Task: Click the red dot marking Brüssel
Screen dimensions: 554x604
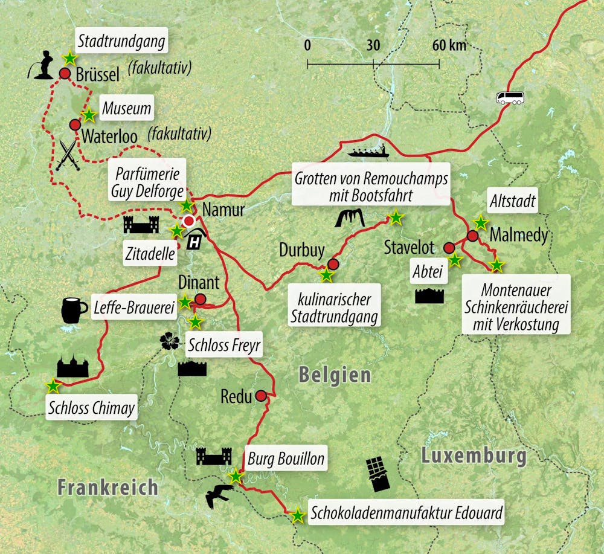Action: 65,74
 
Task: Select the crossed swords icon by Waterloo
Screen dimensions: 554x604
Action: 67,155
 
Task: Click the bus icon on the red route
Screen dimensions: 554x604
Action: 510,98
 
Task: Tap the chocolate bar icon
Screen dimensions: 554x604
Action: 377,474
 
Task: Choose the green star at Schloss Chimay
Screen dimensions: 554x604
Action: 53,385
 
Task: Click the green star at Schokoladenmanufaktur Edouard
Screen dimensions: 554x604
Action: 297,516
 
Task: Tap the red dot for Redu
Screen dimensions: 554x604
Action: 261,396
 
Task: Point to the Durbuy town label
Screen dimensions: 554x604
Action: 302,250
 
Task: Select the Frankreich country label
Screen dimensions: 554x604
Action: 108,487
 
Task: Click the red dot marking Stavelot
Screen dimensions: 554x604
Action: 449,247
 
